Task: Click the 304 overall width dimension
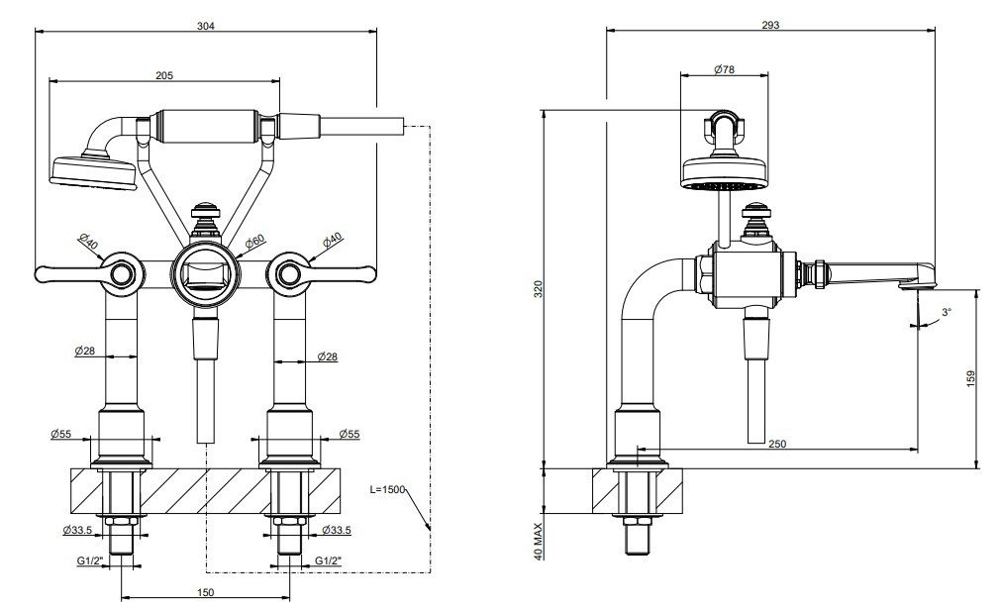tap(207, 27)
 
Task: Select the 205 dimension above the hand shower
tap(165, 75)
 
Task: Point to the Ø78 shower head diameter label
tap(725, 69)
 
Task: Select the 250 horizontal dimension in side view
tap(776, 445)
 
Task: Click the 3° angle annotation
tap(946, 312)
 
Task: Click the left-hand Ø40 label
tap(87, 241)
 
